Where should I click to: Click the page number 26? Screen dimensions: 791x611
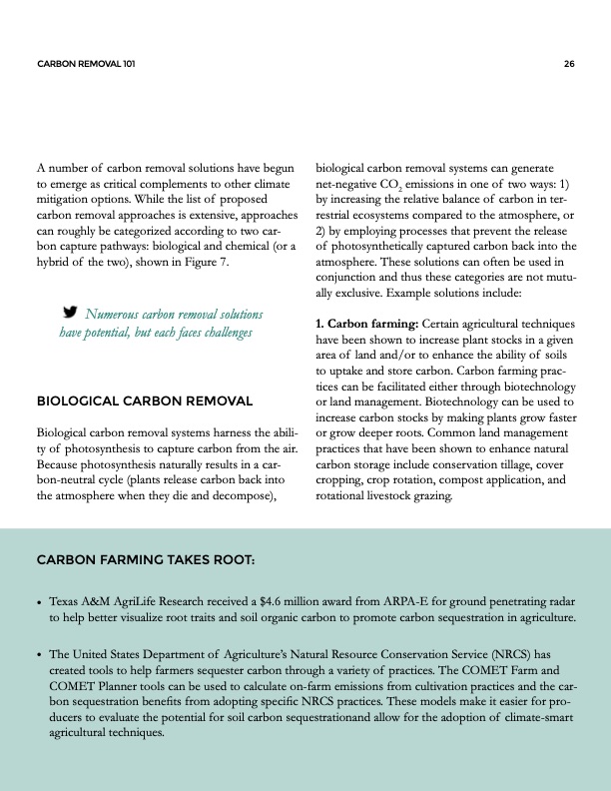coord(568,64)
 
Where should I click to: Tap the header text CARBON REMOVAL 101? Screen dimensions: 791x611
coord(85,64)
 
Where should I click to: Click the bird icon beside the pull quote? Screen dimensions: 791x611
coord(71,312)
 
